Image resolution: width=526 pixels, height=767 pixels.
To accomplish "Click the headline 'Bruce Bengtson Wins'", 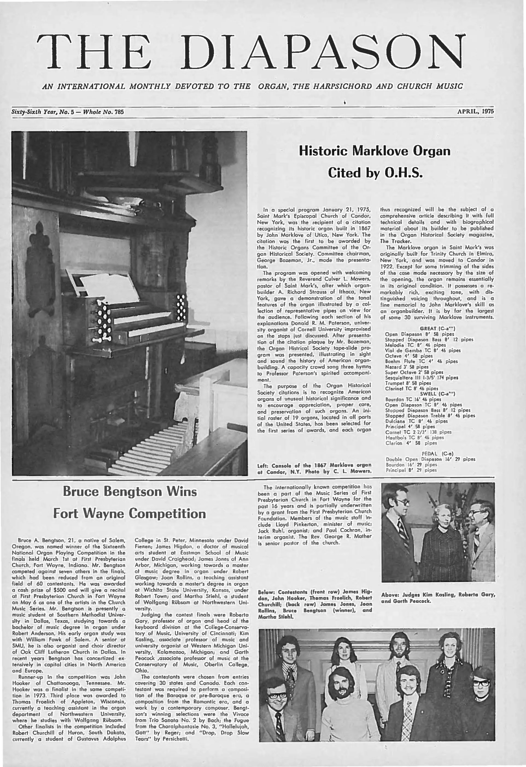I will click(130, 491).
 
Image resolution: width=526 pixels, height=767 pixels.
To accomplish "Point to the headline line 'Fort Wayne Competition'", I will click(130, 514).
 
